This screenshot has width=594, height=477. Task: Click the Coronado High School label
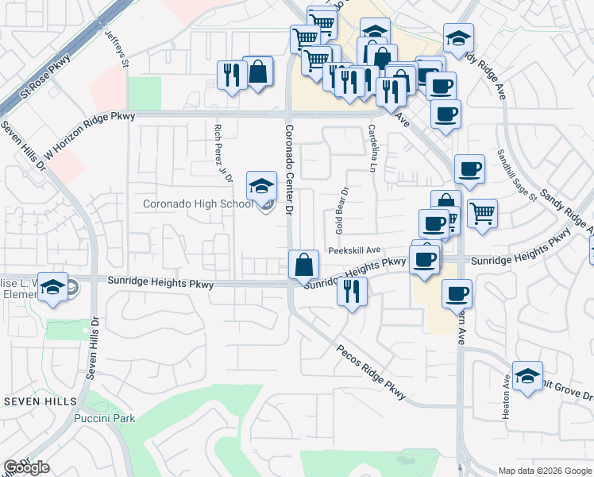pos(198,204)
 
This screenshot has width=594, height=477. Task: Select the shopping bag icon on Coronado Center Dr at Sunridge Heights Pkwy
pos(303,264)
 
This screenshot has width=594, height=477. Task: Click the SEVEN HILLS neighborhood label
pos(40,401)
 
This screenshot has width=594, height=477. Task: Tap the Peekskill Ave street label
pos(356,249)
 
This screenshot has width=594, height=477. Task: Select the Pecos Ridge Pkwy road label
pos(371,372)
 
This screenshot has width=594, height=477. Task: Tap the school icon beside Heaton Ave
pos(527,376)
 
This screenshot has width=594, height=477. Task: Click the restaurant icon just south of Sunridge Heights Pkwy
pos(351,292)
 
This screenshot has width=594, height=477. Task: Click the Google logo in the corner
pos(26,467)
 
